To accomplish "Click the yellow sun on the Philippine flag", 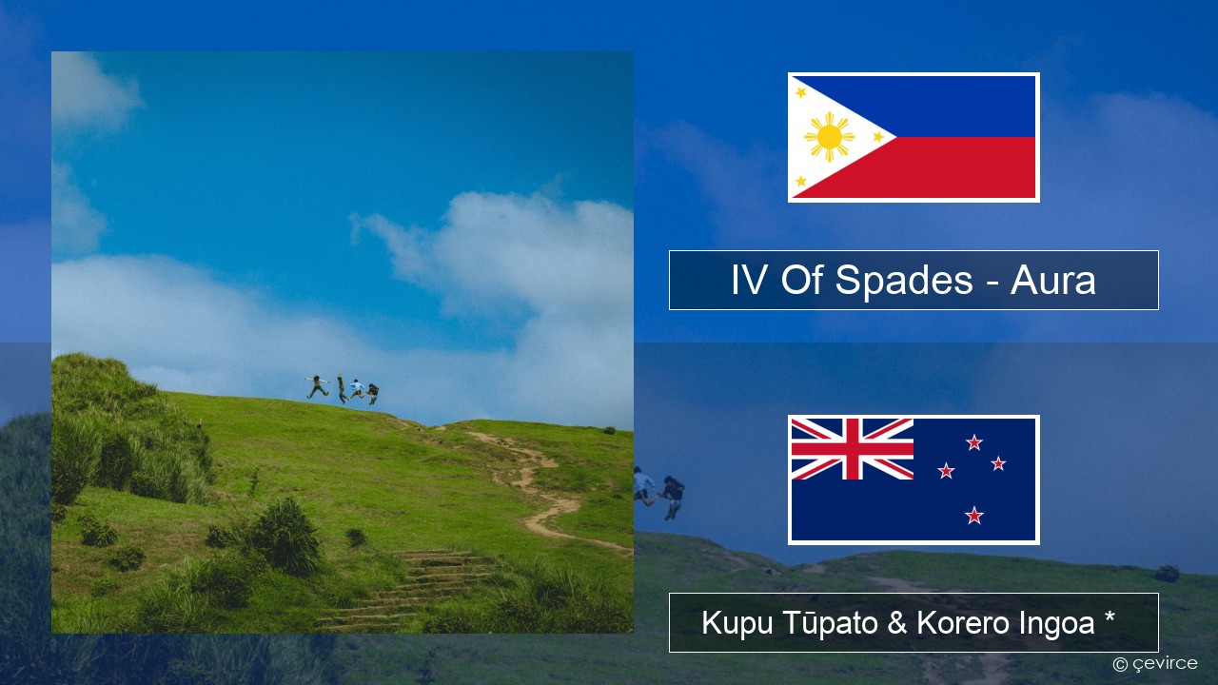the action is tap(829, 137).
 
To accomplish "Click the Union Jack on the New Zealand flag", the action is tap(852, 449).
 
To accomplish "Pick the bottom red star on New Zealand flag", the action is tap(973, 515).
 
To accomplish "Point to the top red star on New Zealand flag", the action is tap(973, 442).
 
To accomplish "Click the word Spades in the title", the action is tap(904, 281).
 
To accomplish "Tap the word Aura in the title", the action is tap(1052, 281).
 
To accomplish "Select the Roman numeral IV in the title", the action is tap(749, 280).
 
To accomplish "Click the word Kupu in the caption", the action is tap(737, 623).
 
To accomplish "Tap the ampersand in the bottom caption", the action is tap(897, 622).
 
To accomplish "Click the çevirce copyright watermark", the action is tap(1155, 664).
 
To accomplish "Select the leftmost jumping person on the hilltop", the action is tap(317, 386).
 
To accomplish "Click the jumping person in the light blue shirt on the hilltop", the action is tap(357, 389).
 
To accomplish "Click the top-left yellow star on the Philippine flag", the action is tap(800, 92).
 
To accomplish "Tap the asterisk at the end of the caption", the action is tap(1110, 617).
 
